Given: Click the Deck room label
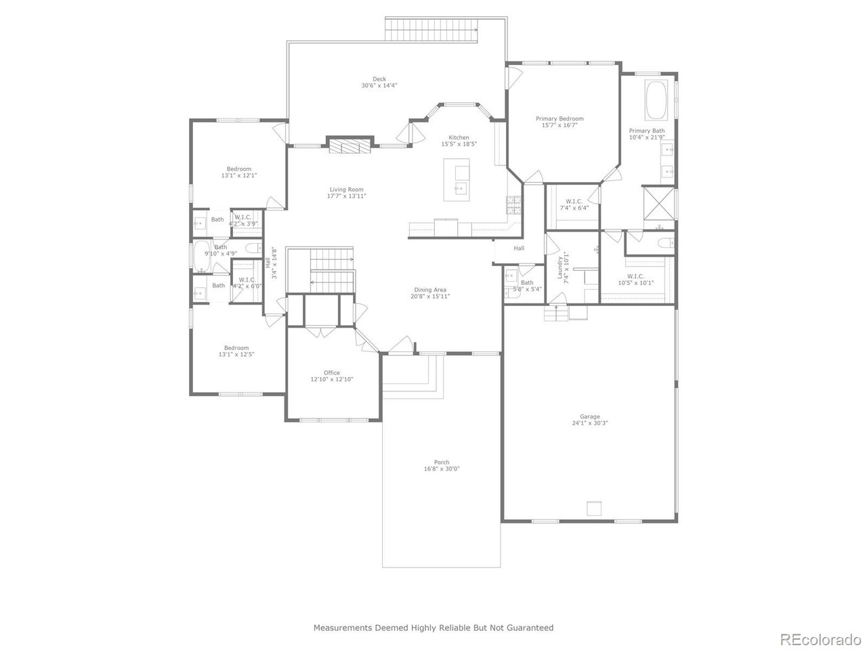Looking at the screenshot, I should tap(379, 79).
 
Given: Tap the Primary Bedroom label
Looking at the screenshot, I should tap(559, 118).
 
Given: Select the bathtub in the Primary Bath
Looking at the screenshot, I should tap(656, 100).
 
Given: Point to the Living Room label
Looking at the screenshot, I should tap(346, 190).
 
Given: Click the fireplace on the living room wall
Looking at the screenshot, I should tap(350, 146).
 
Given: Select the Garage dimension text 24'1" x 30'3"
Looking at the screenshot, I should tap(589, 424).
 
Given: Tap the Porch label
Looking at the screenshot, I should tap(442, 462).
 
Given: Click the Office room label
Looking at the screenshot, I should tap(331, 372).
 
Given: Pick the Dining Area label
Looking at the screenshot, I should tap(430, 289).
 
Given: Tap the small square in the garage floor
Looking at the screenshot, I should tap(594, 509).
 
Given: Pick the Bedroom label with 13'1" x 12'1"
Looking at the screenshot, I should tap(238, 169).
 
